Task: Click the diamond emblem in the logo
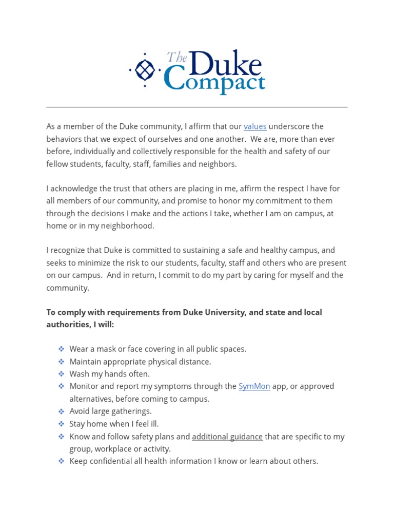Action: [x=145, y=69]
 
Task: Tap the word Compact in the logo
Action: [x=214, y=83]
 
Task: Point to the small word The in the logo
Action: [x=177, y=57]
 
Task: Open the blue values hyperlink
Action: [x=255, y=126]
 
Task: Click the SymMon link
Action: [x=254, y=386]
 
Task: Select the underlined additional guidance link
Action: [x=227, y=437]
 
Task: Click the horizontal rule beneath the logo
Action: [x=197, y=107]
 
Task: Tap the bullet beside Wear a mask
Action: [x=61, y=349]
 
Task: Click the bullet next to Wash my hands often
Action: [x=61, y=374]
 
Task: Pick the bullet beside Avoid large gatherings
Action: [x=61, y=411]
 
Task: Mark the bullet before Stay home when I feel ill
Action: [x=61, y=424]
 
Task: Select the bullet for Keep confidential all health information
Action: [x=61, y=461]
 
